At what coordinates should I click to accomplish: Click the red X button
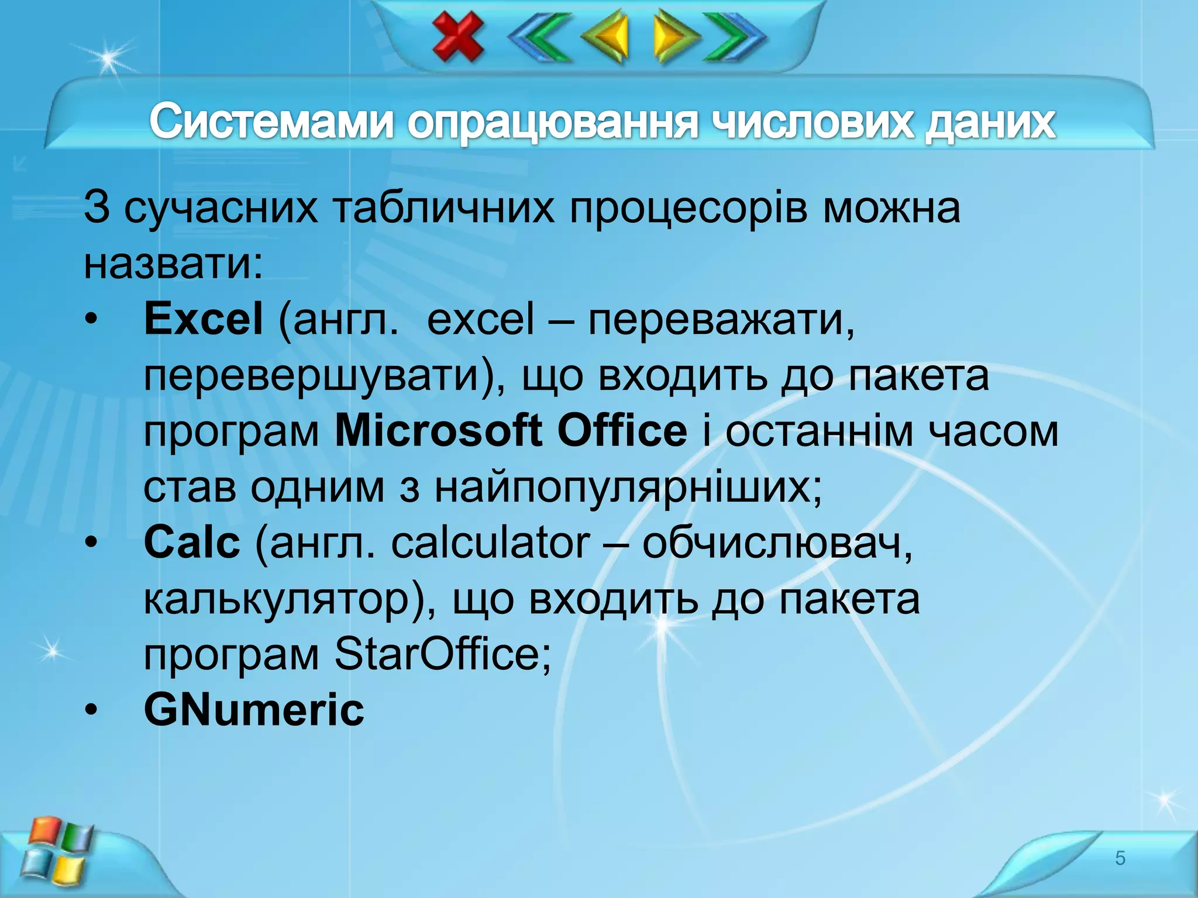click(458, 36)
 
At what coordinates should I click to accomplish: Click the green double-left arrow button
click(539, 36)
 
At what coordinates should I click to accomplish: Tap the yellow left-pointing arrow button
click(607, 36)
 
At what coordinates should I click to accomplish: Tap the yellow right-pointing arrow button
click(674, 36)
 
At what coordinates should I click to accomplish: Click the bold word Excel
click(203, 319)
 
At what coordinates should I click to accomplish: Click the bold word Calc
click(192, 542)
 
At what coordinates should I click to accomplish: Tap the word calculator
click(490, 542)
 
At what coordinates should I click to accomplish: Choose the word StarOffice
click(443, 654)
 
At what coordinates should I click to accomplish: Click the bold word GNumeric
click(254, 710)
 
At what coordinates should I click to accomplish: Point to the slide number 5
click(1120, 858)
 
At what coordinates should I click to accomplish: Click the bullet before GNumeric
click(91, 710)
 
